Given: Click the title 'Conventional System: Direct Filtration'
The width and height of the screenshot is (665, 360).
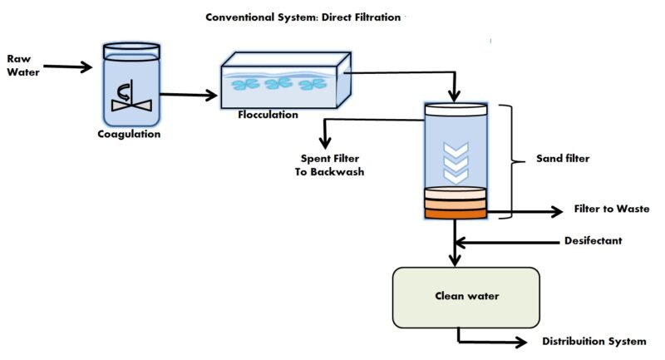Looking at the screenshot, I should click(304, 17).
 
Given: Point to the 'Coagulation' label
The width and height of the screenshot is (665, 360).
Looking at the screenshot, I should click(129, 133).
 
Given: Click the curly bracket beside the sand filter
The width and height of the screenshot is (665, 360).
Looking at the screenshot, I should click(513, 158).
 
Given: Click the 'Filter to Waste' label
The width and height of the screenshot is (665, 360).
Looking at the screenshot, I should click(611, 210).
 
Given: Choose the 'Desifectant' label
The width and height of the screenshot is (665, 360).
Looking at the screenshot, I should click(593, 241).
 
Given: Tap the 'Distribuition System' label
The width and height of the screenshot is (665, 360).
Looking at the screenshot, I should click(594, 342).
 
